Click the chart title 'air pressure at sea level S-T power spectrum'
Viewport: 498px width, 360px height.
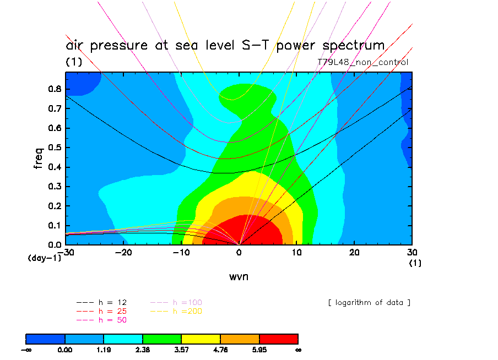point(225,45)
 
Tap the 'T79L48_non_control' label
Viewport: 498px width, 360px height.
point(363,62)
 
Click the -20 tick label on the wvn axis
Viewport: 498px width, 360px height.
point(123,252)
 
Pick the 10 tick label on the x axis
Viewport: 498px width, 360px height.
point(297,252)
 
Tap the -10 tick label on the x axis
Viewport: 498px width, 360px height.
point(181,252)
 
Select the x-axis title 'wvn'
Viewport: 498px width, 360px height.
point(239,276)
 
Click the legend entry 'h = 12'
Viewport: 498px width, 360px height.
point(109,303)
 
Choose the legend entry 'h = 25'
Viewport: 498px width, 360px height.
point(109,312)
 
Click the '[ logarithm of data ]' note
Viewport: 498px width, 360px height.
point(369,303)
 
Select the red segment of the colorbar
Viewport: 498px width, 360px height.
point(279,339)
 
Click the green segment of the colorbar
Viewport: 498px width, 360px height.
point(162,339)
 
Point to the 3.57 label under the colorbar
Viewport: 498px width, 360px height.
point(181,350)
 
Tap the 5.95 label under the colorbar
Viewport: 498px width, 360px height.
point(259,350)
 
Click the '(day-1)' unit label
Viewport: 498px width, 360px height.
point(44,258)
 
